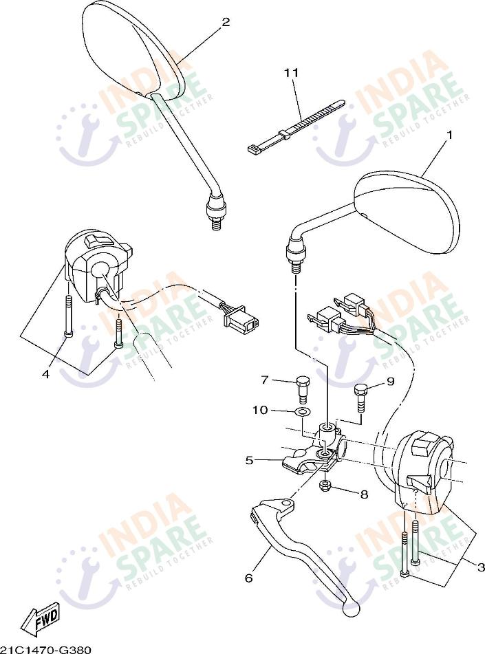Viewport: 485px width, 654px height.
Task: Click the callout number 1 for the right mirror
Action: tap(449, 135)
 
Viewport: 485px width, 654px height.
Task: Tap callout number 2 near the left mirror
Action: tap(226, 22)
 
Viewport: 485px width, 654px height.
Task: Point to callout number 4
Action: tap(46, 374)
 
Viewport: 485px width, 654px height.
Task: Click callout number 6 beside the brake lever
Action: tap(249, 578)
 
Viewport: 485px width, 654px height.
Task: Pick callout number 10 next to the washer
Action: tap(259, 411)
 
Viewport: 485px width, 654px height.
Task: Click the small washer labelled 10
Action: tap(302, 412)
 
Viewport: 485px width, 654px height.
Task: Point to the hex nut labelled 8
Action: tap(325, 486)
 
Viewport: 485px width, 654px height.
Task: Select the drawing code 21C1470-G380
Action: tap(45, 649)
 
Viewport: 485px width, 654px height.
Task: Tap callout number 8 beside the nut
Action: tap(364, 494)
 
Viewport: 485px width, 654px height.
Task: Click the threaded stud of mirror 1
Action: tap(297, 268)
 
